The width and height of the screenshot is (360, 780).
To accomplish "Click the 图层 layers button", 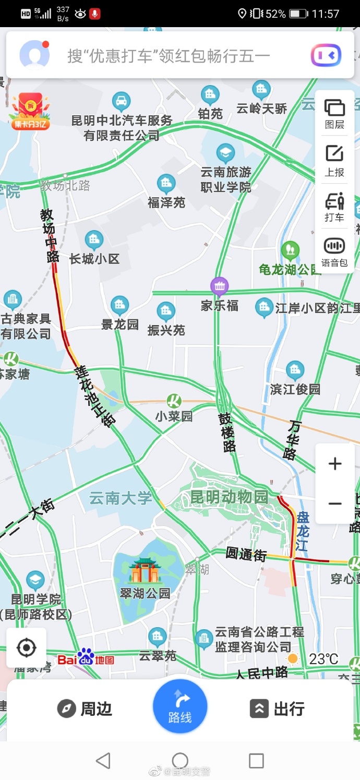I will pyautogui.click(x=334, y=113).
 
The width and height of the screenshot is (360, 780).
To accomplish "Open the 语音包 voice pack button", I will pyautogui.click(x=334, y=250).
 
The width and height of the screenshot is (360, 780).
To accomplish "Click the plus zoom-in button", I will pyautogui.click(x=335, y=464).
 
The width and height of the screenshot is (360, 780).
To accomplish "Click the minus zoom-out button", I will pyautogui.click(x=335, y=503).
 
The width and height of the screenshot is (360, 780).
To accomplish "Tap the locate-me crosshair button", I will pyautogui.click(x=26, y=648).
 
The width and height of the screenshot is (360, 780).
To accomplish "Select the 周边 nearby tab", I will pyautogui.click(x=85, y=709).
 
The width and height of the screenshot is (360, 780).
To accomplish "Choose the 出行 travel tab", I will pyautogui.click(x=277, y=709).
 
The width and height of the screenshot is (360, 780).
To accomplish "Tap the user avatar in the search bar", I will pyautogui.click(x=34, y=55).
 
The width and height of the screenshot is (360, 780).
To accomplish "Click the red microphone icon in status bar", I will pyautogui.click(x=94, y=14).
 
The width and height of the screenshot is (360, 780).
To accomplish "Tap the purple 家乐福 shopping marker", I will pyautogui.click(x=220, y=286).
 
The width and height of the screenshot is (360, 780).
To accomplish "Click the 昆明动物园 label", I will pyautogui.click(x=229, y=496).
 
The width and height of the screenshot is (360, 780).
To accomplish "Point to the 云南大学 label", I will pyautogui.click(x=121, y=498).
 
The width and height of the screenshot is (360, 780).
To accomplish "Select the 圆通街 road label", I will pyautogui.click(x=246, y=554).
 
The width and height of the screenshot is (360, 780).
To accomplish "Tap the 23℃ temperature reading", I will pyautogui.click(x=323, y=659).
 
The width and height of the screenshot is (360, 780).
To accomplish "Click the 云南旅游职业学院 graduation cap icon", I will pyautogui.click(x=225, y=153).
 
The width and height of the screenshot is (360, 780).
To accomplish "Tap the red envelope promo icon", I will pyautogui.click(x=30, y=110).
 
